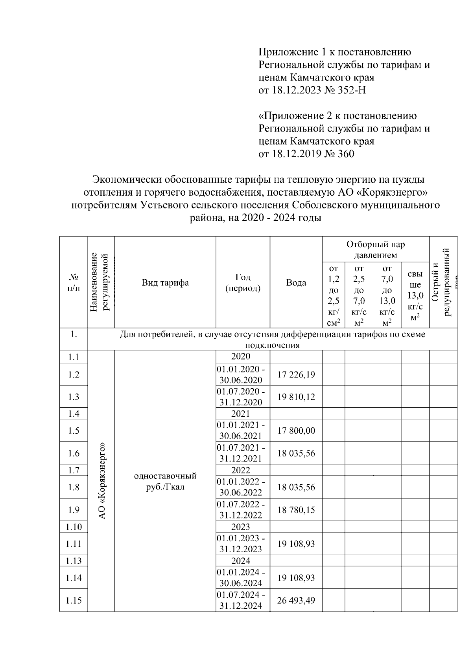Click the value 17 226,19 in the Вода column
(296, 374)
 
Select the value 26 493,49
(296, 601)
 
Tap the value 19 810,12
(296, 397)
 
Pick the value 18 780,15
(296, 510)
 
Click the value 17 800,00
(296, 431)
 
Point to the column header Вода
(296, 282)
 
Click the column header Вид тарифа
(165, 282)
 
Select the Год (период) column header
(243, 282)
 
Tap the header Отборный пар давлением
(375, 250)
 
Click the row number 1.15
(74, 601)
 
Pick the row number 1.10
(74, 527)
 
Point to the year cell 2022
(241, 470)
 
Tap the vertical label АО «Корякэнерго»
(101, 481)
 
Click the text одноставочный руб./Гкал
(165, 482)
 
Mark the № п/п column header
(74, 282)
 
